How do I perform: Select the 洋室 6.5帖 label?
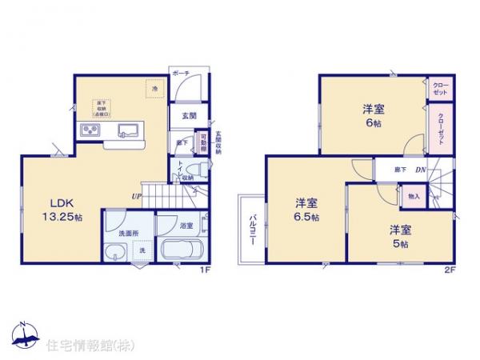tap(306, 210)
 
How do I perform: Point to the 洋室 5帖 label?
tap(399, 237)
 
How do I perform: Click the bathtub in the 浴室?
tap(183, 250)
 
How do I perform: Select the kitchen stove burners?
tap(89, 131)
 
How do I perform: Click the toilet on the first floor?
tap(202, 170)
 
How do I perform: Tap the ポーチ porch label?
tap(180, 72)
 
